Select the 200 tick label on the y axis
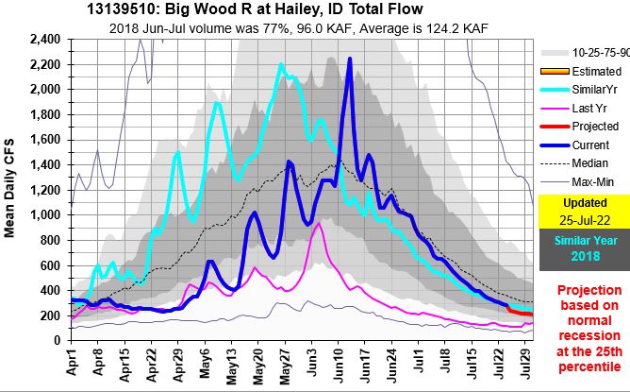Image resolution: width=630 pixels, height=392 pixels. coord(52,315)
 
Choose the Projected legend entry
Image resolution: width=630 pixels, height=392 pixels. coord(595,127)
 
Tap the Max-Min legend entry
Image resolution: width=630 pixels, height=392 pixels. coord(595,181)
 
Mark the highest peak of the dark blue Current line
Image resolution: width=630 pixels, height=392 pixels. coord(350,59)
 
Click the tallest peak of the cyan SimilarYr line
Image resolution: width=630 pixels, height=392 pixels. coord(281,64)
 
